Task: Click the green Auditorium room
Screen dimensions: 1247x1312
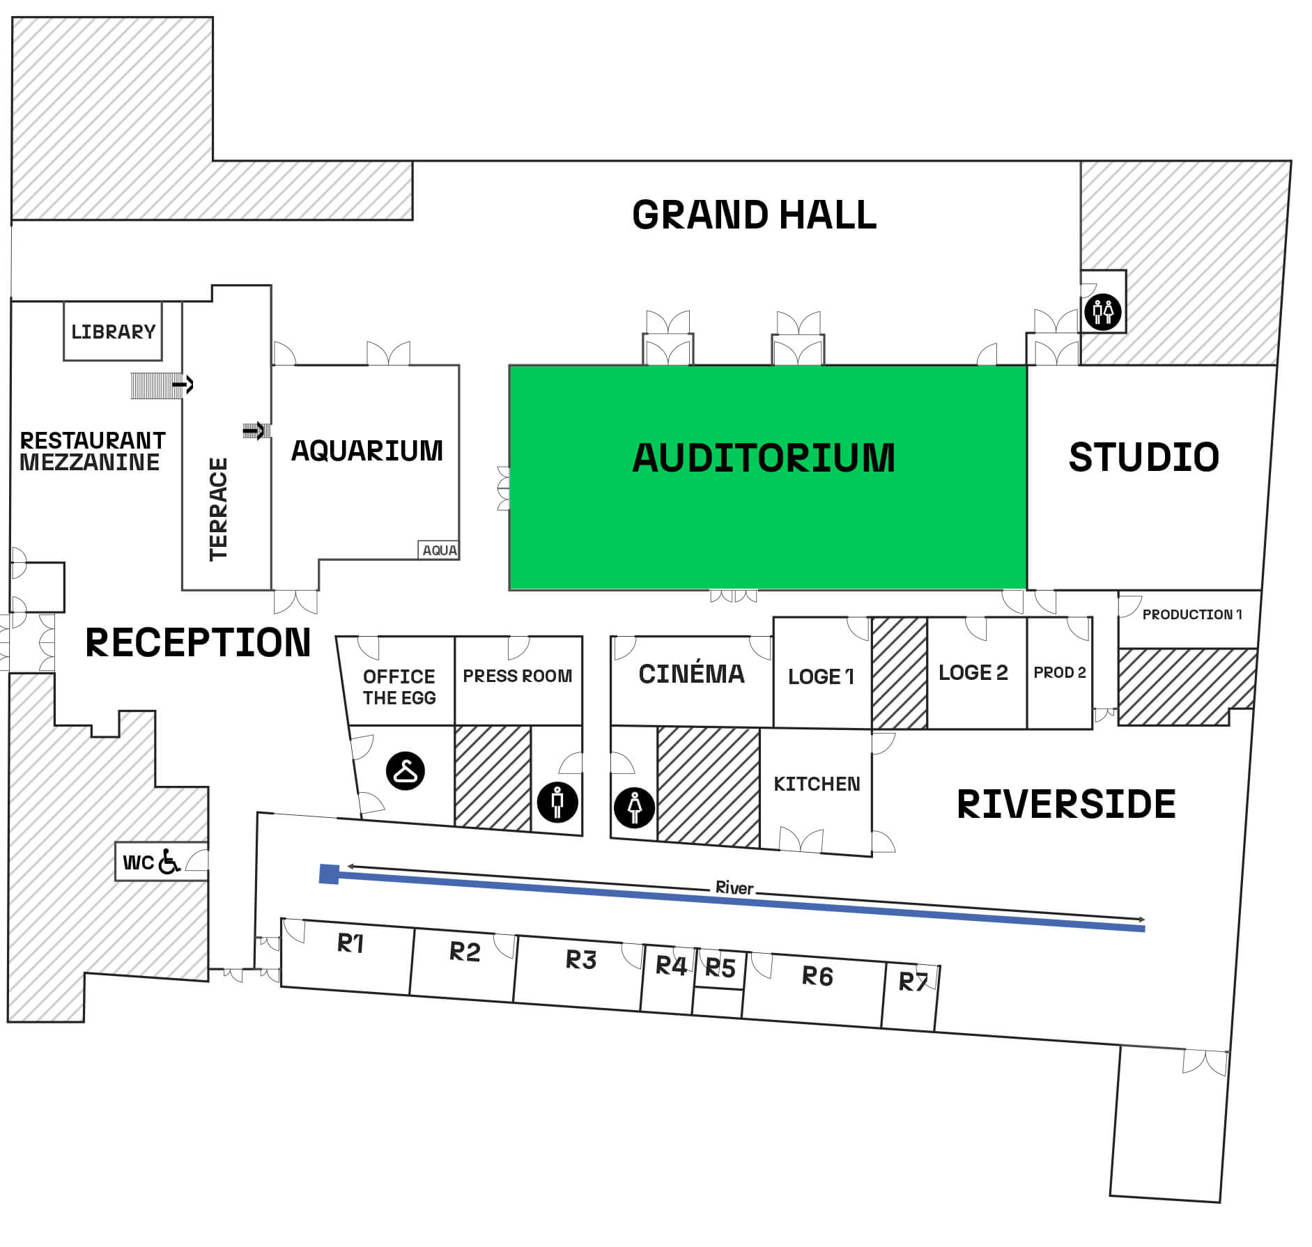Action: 766,477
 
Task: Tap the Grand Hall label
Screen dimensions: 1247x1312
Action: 754,215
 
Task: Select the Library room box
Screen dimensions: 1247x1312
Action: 113,332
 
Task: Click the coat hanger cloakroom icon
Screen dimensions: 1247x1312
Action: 406,770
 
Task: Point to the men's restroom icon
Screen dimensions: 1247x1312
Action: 557,802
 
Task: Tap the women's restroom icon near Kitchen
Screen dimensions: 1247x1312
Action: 634,807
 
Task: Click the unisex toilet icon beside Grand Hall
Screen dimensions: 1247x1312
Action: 1102,311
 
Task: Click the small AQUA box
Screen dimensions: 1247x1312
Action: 439,550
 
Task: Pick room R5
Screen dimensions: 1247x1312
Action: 720,968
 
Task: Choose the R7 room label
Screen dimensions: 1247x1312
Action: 913,982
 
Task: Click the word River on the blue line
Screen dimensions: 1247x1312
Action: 734,888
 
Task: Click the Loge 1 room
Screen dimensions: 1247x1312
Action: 821,676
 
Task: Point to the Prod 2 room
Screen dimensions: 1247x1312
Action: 1059,673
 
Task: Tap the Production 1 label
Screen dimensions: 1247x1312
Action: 1191,614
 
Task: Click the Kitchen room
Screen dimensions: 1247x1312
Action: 817,784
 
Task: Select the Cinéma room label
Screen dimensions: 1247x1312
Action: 691,674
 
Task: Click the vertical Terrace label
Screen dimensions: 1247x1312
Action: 219,509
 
